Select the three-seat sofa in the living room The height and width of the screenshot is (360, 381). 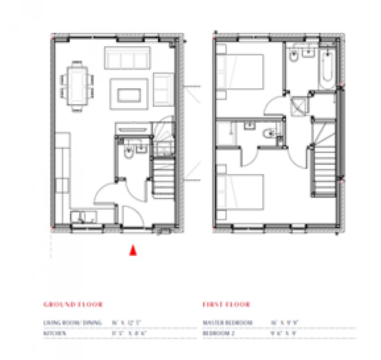127,58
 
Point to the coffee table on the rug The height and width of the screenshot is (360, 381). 129,94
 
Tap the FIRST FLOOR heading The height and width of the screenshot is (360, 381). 226,304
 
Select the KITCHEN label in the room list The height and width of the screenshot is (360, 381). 55,334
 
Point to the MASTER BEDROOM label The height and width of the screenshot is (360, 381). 228,323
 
